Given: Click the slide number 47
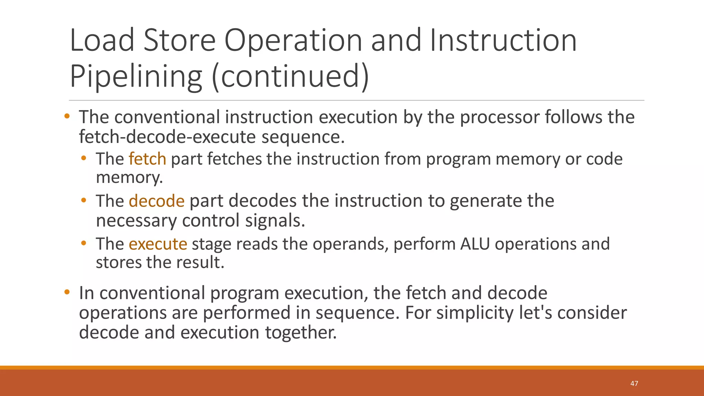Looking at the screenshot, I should coord(634,384).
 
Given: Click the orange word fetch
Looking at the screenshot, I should coord(147,159).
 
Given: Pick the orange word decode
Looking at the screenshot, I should coord(157,201).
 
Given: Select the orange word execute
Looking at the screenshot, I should coord(158,244).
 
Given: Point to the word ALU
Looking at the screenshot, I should coord(475,244).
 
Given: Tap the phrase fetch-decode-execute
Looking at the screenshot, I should coord(167,137).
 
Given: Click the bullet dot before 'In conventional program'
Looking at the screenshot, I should coord(67,293).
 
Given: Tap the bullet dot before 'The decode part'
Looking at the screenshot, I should coord(84,200).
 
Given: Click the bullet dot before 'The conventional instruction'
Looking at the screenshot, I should coord(67,116).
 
